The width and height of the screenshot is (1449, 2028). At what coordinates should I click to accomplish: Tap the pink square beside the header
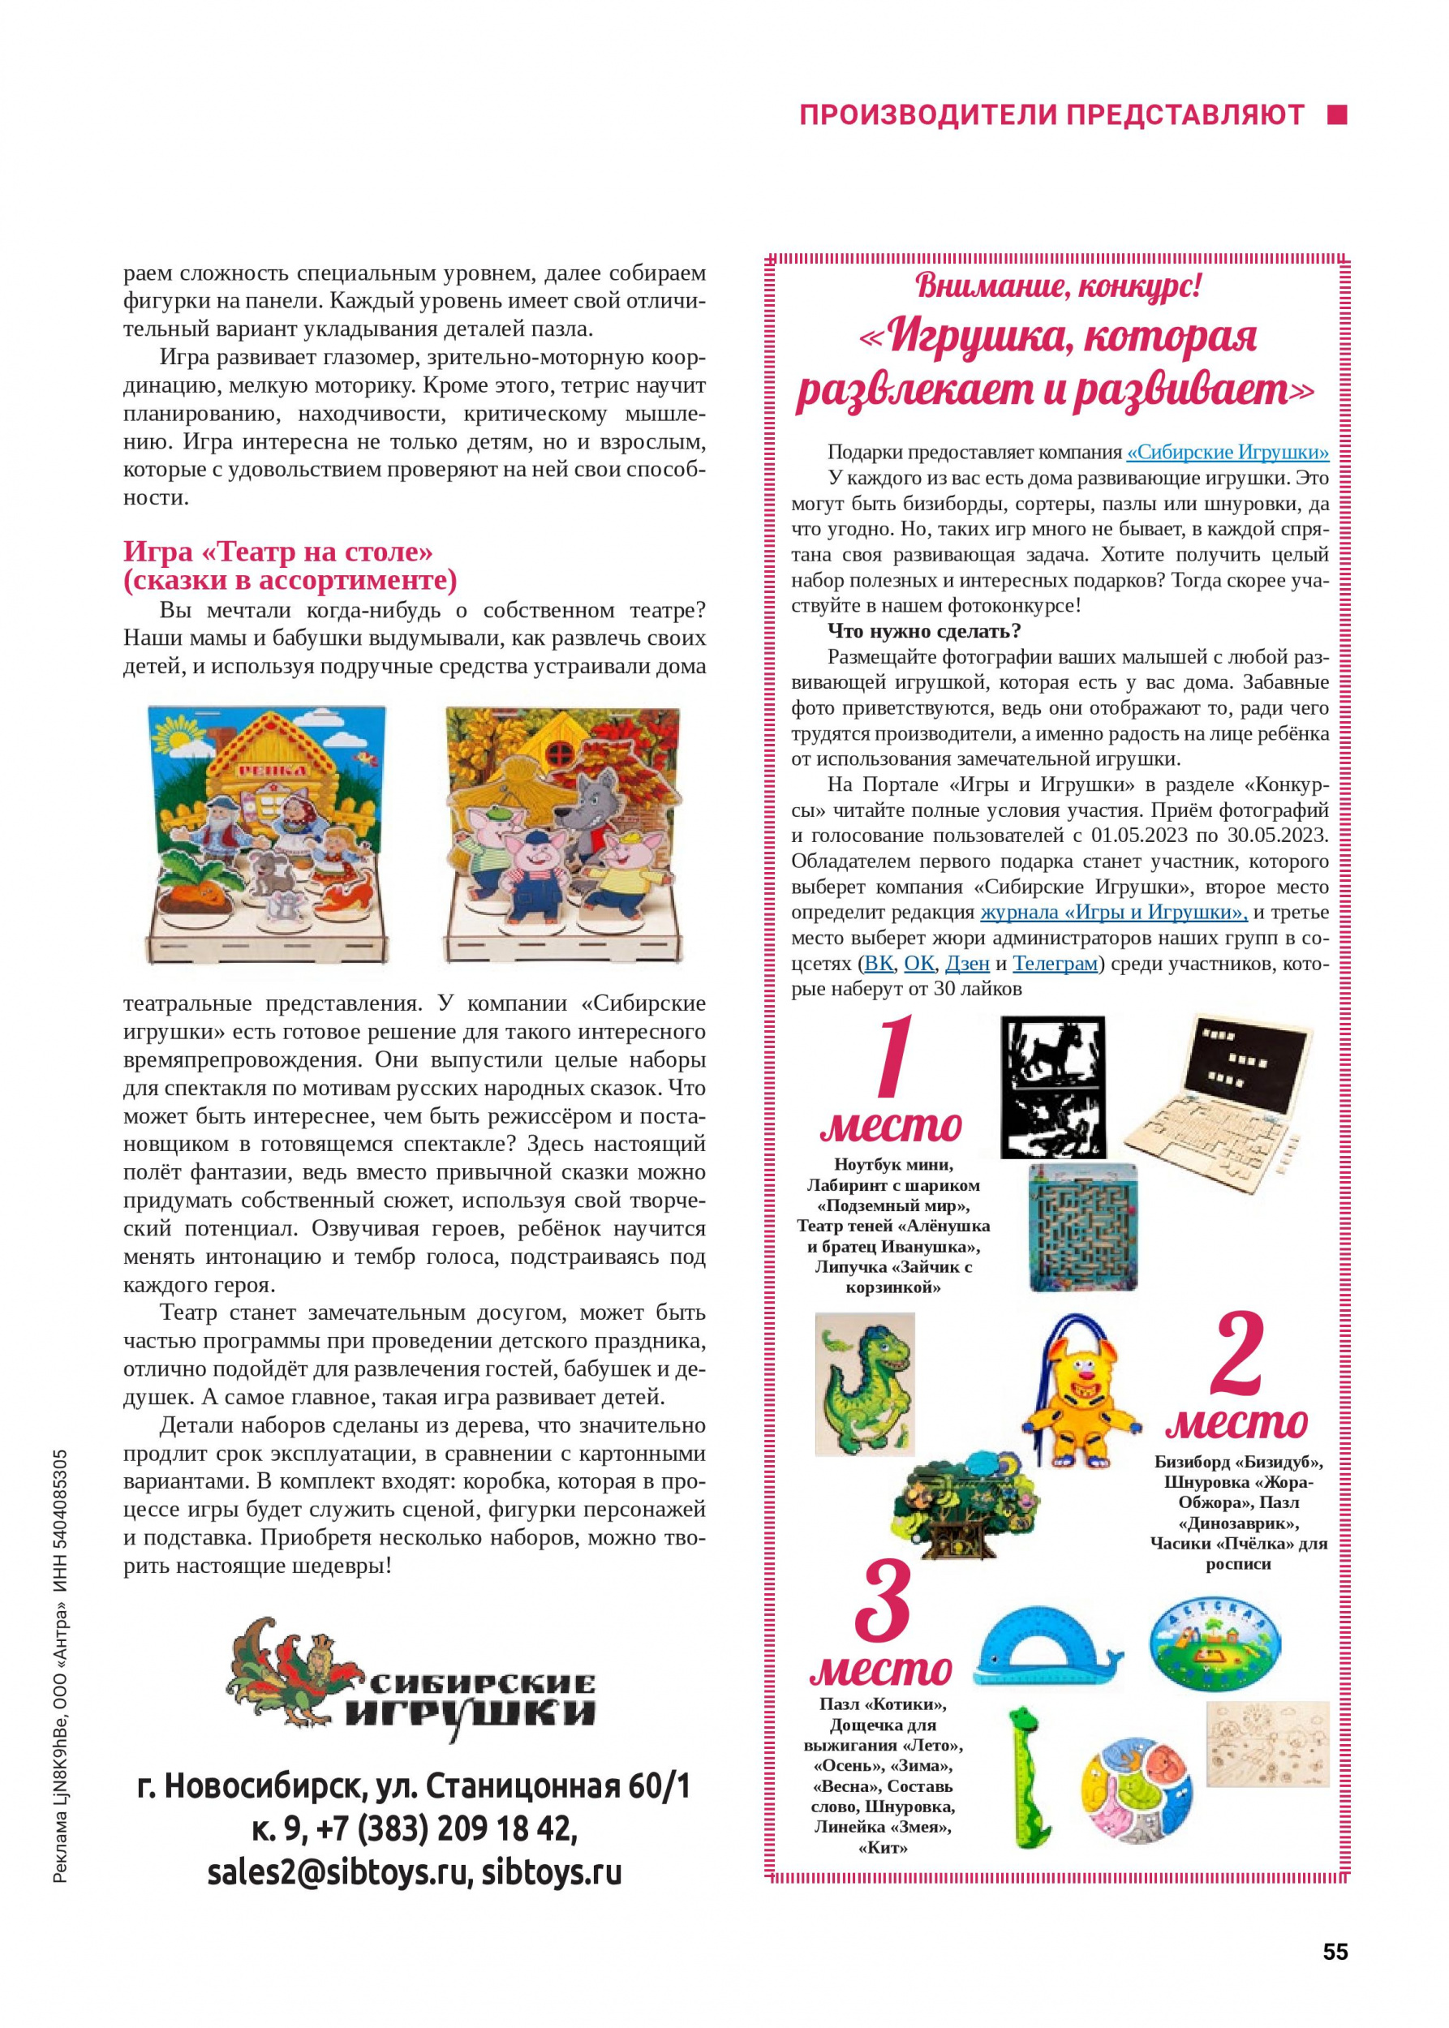tap(1336, 114)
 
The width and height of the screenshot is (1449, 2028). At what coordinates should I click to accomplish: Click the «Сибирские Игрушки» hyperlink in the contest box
tap(1228, 453)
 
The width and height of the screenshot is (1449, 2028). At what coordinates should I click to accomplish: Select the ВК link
tap(878, 964)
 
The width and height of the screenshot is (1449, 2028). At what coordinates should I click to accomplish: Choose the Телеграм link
tap(1055, 964)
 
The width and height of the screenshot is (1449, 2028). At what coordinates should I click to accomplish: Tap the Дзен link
tap(967, 964)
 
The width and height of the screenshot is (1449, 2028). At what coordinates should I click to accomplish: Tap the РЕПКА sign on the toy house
tap(271, 769)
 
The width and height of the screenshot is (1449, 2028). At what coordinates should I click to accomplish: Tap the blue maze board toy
tap(1082, 1227)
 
